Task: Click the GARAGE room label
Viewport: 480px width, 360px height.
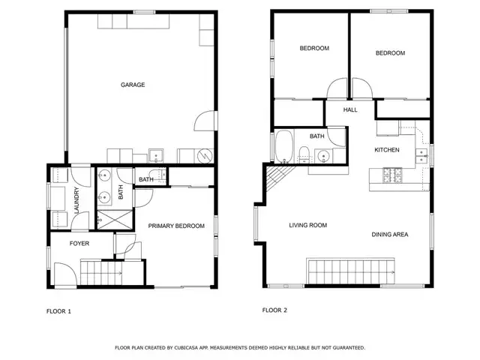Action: coord(133,85)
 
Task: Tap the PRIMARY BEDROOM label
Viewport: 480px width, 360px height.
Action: coord(176,226)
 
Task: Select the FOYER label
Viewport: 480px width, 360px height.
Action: coord(79,243)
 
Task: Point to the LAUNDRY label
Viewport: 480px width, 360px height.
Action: coord(76,200)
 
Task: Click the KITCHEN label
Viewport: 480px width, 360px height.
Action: coord(387,150)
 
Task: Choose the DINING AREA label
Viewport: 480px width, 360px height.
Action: coord(390,235)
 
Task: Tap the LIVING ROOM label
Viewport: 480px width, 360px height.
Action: coord(308,225)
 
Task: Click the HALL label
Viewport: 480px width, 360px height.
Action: coord(350,109)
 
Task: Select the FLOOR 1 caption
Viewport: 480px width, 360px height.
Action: coord(58,311)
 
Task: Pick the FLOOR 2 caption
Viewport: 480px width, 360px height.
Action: coord(274,310)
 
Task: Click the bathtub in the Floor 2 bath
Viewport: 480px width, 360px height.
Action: coord(284,147)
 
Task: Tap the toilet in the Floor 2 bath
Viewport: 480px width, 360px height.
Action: coord(304,154)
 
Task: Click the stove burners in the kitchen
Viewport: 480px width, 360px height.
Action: coord(392,175)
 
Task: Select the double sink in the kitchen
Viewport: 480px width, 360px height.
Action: coord(421,156)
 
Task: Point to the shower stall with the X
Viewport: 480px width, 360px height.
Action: coord(115,220)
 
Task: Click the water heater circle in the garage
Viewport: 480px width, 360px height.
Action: coord(204,156)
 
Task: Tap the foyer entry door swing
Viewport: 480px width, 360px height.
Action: coord(65,274)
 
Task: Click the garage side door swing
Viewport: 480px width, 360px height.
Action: coord(205,121)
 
